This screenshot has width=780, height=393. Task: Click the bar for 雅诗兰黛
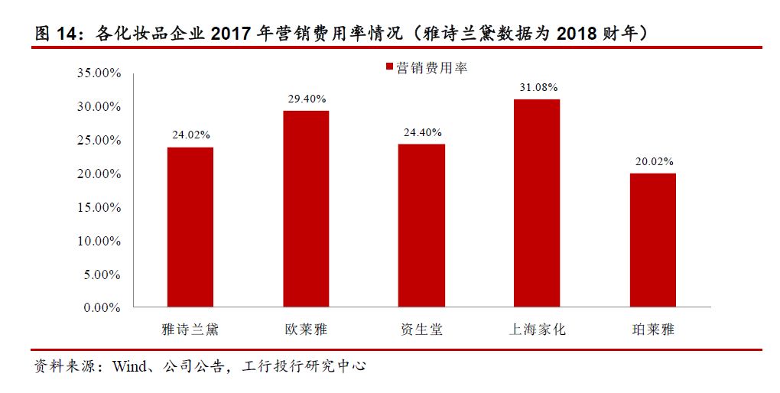(x=190, y=227)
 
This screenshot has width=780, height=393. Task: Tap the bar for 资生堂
(x=421, y=226)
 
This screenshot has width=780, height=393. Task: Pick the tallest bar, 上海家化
(x=537, y=203)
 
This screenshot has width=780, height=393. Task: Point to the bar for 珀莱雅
(x=652, y=240)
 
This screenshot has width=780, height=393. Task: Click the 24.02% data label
(x=190, y=135)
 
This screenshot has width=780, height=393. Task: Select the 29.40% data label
(x=306, y=99)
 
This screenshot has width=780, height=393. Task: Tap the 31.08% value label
(x=537, y=87)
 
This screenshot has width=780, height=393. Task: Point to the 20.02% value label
(x=652, y=161)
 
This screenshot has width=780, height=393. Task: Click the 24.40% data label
(x=421, y=132)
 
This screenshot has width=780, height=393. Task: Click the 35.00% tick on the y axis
(x=99, y=73)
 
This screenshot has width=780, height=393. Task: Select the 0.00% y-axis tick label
(x=102, y=307)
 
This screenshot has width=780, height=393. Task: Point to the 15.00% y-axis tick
(x=99, y=207)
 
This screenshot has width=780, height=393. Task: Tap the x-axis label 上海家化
(x=537, y=330)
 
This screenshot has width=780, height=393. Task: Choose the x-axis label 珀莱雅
(x=652, y=330)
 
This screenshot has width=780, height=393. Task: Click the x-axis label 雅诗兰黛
(x=190, y=330)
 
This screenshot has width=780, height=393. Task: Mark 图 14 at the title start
(x=57, y=34)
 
